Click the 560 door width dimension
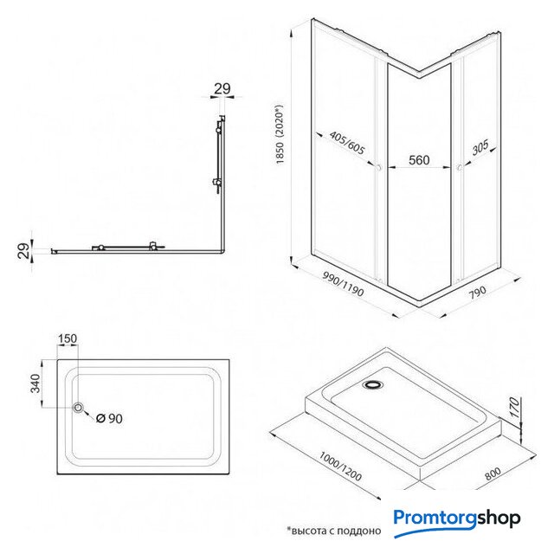[419, 160]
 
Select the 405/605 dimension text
[347, 144]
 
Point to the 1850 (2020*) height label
[280, 139]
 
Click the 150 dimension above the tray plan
[68, 338]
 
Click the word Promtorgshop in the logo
[457, 519]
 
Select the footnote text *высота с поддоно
[333, 529]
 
